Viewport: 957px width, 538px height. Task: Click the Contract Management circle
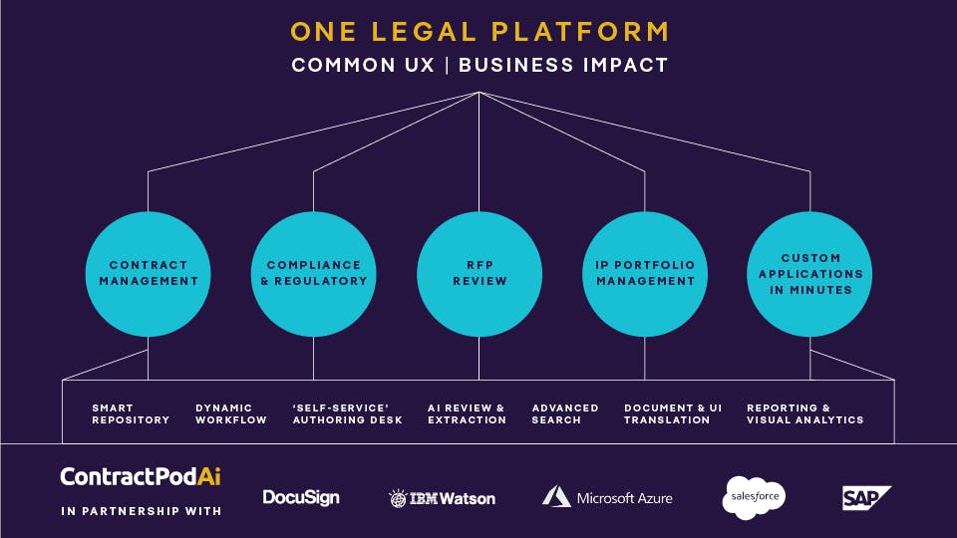[x=149, y=273]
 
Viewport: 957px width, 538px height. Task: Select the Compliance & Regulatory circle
[x=314, y=273]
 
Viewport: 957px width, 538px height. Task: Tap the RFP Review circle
[x=479, y=273]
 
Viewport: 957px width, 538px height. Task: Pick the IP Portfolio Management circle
[x=645, y=273]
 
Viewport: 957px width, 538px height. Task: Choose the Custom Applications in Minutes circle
[x=809, y=273]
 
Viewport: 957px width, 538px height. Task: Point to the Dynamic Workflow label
[x=231, y=413]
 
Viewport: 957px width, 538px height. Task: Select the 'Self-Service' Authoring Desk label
[x=347, y=413]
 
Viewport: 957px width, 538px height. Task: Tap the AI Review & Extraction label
[x=467, y=413]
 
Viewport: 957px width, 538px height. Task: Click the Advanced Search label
[x=565, y=413]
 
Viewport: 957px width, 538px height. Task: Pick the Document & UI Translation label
[x=673, y=413]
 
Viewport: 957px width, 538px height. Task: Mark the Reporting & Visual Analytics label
[x=804, y=413]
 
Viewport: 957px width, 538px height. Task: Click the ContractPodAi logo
[x=141, y=476]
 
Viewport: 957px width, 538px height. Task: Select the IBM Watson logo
[x=442, y=497]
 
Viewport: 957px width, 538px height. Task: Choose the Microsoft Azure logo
[x=607, y=496]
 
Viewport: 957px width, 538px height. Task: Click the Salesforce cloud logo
[x=755, y=496]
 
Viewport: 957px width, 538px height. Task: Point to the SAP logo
[x=865, y=497]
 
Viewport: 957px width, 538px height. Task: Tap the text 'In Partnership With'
[x=141, y=511]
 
